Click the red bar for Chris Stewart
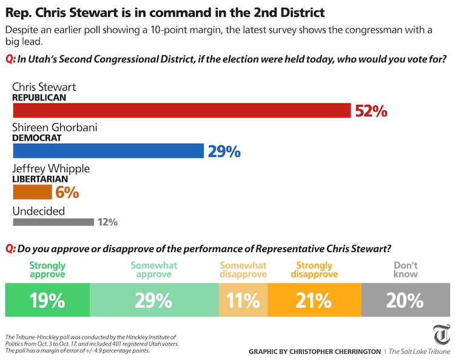182,110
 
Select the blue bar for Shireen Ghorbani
108,151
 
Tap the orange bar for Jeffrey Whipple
32,192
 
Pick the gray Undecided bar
53,222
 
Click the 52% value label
371,111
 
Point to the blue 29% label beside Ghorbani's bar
224,152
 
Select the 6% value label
67,193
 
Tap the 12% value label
107,222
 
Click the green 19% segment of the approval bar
47,300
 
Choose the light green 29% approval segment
154,300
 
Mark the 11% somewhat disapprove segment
243,300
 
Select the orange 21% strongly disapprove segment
314,300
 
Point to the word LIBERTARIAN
40,179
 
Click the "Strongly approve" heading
47,270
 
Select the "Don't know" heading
406,270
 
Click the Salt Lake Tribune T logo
441,335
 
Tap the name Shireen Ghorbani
55,128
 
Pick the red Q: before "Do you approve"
10,248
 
